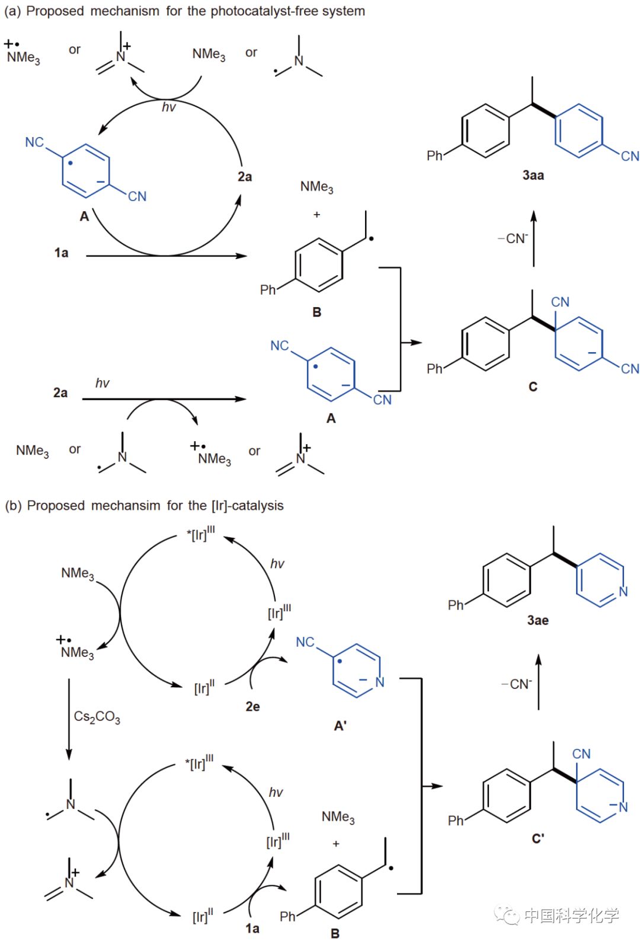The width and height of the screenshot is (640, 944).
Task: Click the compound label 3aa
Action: coord(533,175)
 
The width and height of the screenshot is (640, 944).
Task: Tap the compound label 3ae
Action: coord(537,620)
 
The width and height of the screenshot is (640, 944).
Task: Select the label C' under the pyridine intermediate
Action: coord(537,838)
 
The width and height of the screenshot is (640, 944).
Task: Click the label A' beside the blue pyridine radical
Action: coord(340,725)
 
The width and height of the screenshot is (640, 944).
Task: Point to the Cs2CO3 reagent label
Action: coord(97,717)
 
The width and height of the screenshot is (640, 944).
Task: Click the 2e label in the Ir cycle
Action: coord(252,706)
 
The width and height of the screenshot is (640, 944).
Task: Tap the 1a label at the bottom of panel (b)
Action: coord(252,928)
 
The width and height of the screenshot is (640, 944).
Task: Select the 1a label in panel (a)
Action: coord(61,253)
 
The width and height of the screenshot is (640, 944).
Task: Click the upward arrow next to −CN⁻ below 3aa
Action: coord(533,238)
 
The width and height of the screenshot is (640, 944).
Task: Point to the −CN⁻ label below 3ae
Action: coord(516,684)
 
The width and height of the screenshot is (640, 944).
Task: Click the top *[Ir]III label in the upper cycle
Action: coord(200,534)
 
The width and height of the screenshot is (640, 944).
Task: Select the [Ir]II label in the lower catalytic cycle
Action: coord(203,917)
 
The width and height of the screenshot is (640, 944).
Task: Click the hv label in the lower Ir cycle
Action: coord(276,792)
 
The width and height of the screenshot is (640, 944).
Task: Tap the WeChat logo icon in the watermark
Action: coord(507,916)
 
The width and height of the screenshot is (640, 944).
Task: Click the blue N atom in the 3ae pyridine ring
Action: coord(623,591)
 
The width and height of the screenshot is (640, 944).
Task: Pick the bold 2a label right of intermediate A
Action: coord(245,177)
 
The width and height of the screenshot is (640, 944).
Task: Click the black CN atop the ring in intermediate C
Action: coord(560,302)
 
